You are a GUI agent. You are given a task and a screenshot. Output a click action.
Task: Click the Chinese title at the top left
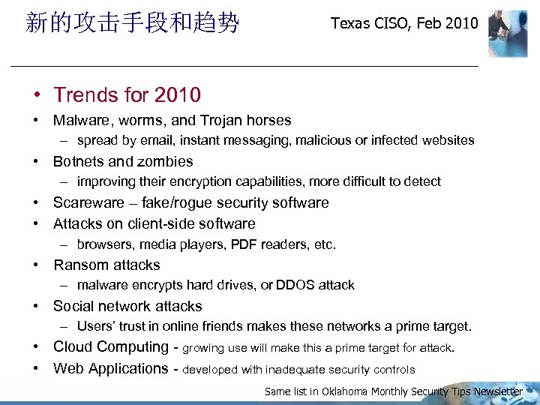coord(132,23)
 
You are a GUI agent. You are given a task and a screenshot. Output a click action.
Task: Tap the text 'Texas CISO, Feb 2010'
coord(404,23)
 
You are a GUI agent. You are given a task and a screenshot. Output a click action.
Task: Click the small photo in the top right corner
coord(508,34)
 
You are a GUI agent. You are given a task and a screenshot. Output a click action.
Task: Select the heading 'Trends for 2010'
coord(127,95)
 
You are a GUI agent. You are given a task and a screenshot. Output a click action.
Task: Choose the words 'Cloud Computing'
coord(110,347)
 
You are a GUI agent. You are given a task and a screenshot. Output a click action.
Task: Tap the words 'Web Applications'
coord(111,368)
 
